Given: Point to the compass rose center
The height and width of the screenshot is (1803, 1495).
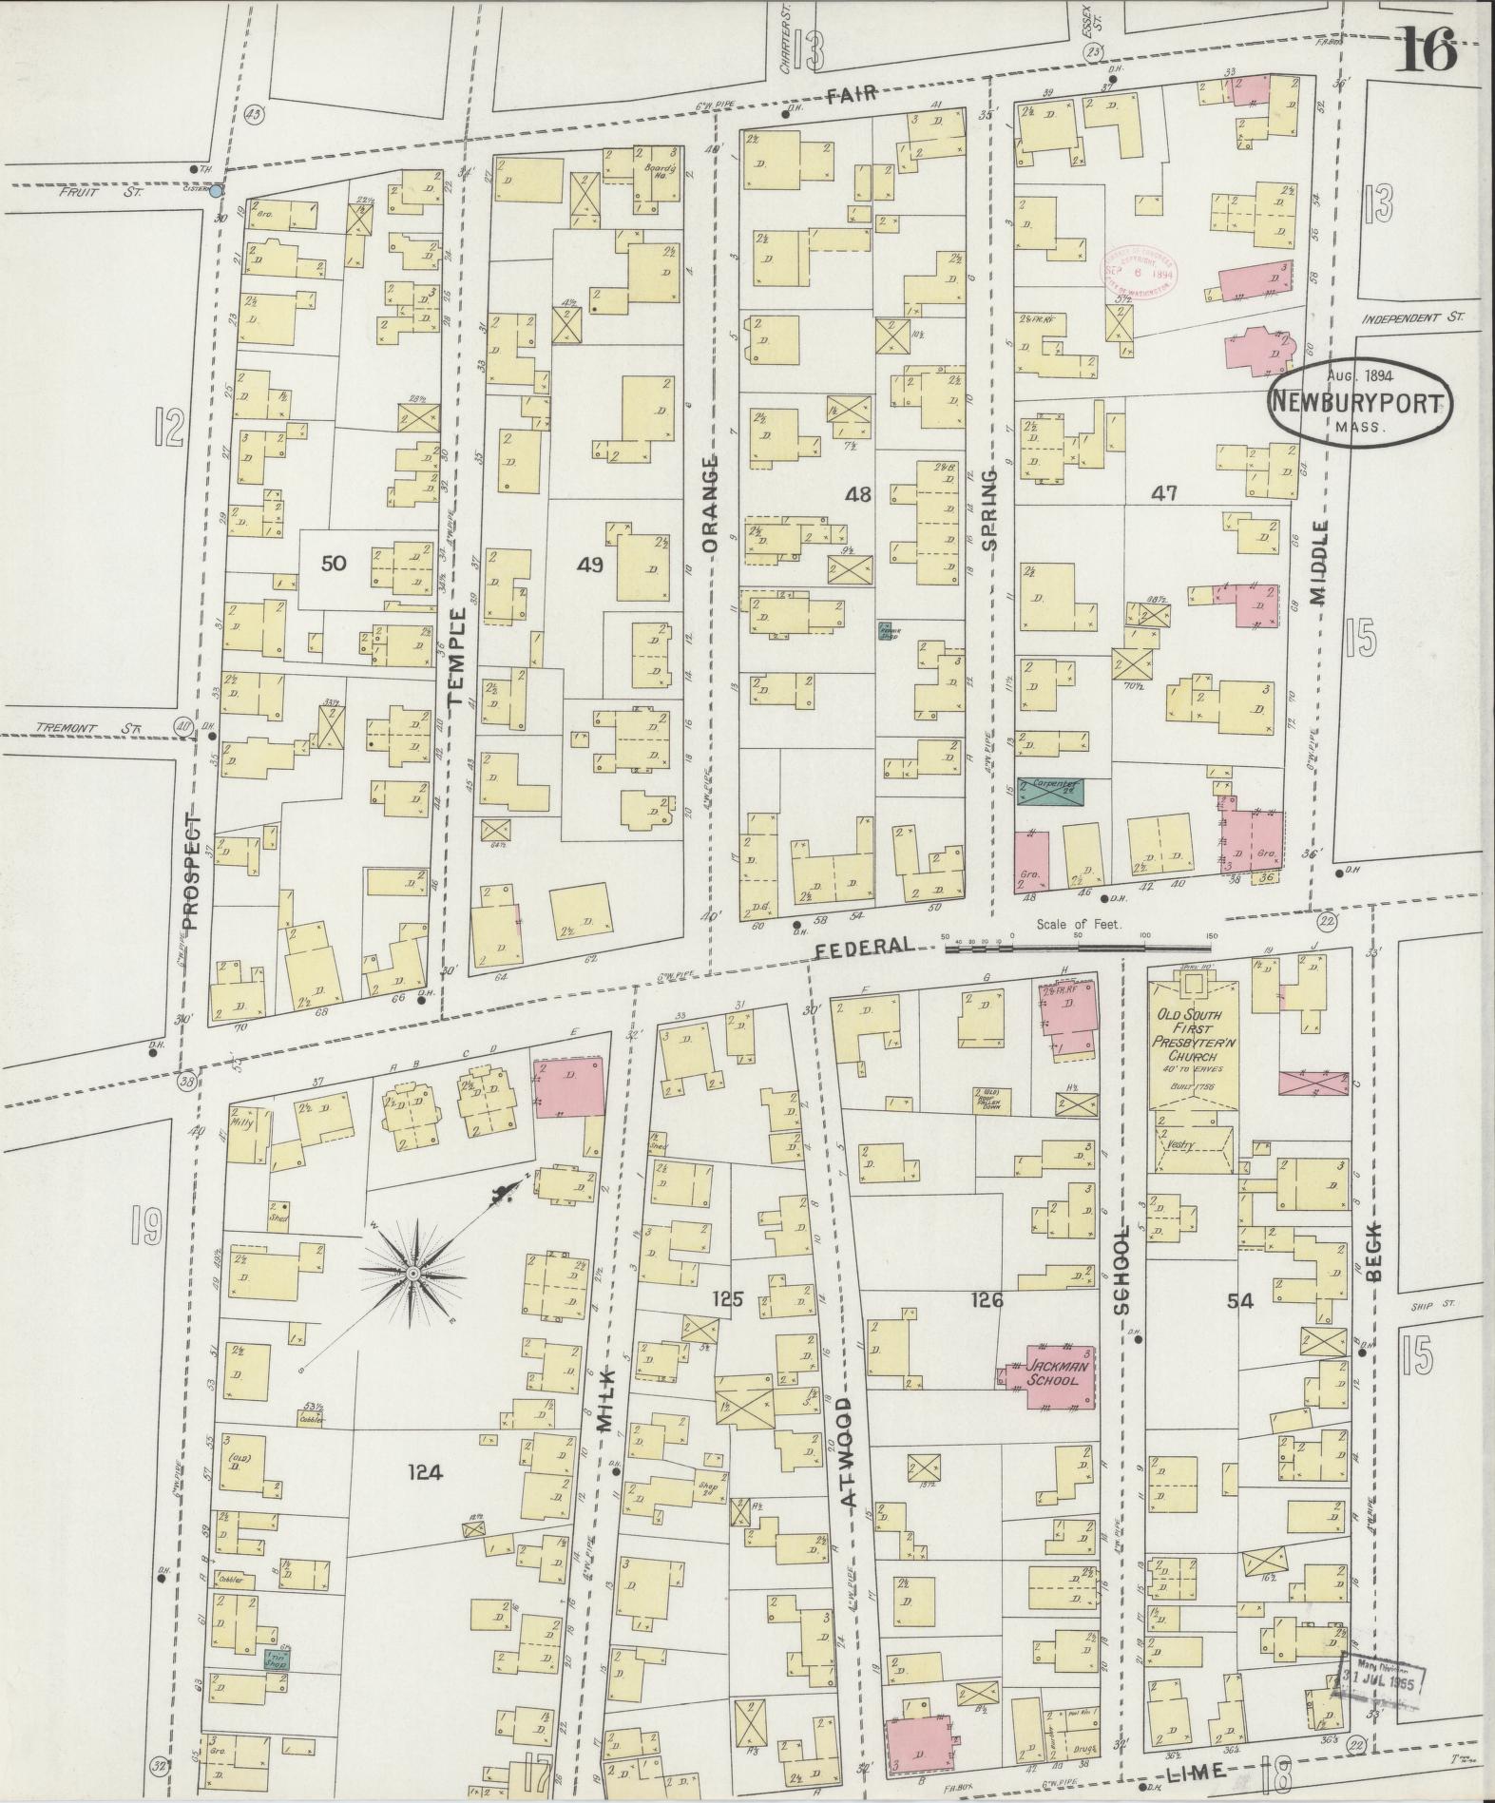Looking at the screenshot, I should click(413, 1273).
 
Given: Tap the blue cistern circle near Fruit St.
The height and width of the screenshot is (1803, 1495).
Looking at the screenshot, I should click(217, 191).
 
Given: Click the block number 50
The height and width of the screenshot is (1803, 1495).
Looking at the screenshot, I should click(333, 564).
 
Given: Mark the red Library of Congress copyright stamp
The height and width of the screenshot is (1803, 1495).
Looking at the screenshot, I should click(1140, 274).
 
